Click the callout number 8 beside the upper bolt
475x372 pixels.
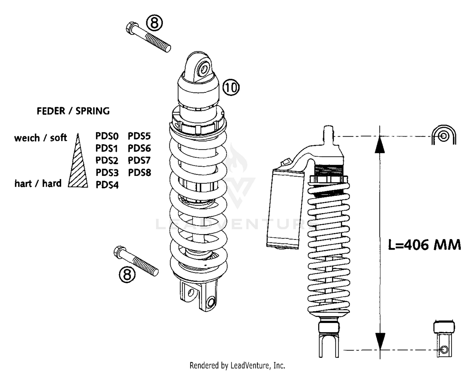[154, 23]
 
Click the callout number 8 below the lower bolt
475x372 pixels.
[127, 274]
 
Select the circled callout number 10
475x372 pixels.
[231, 87]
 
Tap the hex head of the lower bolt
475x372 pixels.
[119, 252]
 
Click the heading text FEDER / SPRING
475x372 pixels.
[73, 111]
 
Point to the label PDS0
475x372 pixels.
[107, 136]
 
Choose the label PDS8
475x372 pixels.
[139, 173]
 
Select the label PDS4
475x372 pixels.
[107, 185]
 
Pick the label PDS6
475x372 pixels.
[139, 148]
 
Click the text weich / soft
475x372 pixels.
[41, 138]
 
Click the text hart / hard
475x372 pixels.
[38, 183]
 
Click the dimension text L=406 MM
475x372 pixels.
[424, 245]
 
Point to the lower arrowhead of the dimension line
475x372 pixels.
[380, 341]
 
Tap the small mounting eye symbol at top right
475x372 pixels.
[444, 136]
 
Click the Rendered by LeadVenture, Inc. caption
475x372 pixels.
[237, 366]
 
